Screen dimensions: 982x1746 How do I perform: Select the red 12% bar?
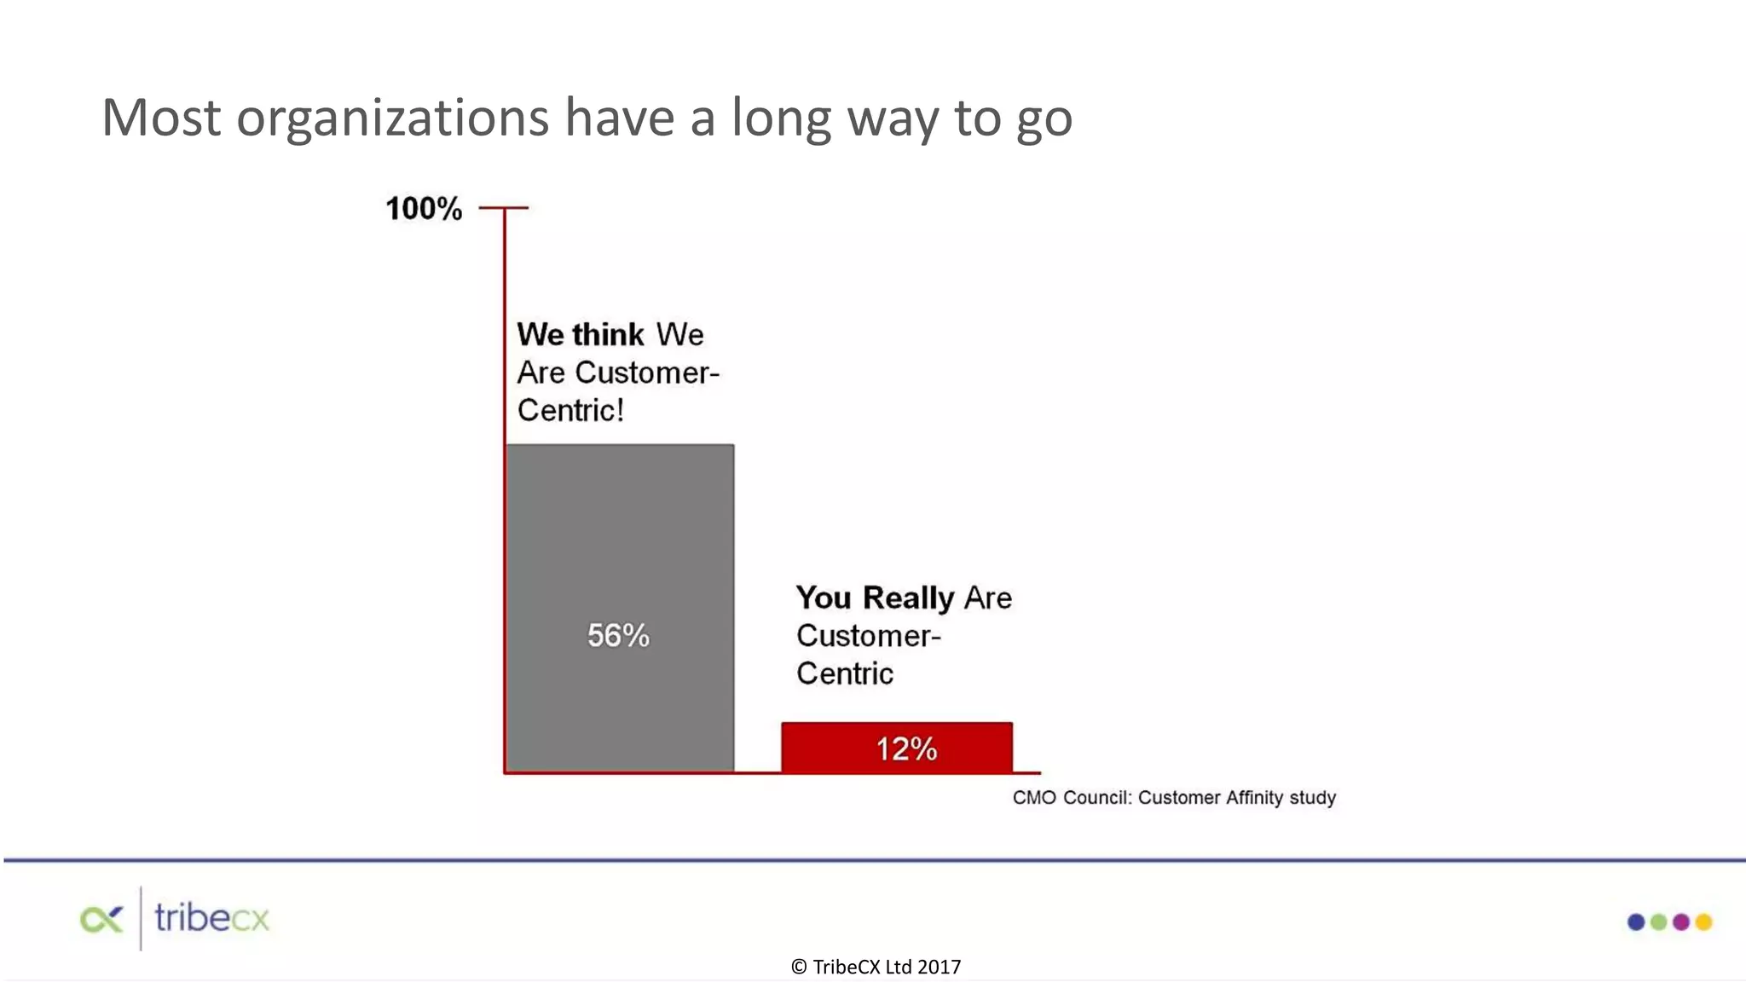(897, 748)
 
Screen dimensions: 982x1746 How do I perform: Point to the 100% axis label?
(424, 209)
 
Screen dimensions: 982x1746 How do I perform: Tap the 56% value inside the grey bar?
(618, 636)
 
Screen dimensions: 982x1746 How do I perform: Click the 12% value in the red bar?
(906, 749)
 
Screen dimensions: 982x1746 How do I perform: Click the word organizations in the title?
(392, 118)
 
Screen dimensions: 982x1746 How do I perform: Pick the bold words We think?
(581, 334)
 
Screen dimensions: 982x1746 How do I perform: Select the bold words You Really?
(875, 598)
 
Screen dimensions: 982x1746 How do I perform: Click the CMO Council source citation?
(1174, 798)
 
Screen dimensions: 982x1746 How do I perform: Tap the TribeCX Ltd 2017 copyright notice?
(876, 967)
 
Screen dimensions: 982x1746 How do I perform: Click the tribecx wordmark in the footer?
(211, 919)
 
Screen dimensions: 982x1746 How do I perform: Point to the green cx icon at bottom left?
(101, 920)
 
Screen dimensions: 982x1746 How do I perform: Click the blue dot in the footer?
(1636, 921)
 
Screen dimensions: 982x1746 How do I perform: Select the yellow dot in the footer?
(1703, 921)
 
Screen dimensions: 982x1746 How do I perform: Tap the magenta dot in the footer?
(1681, 921)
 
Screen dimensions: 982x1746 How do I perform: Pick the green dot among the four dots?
(1658, 921)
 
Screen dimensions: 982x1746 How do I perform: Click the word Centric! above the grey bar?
(570, 411)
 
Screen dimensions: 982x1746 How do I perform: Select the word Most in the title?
(161, 118)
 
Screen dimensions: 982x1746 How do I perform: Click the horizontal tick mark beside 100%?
(504, 207)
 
